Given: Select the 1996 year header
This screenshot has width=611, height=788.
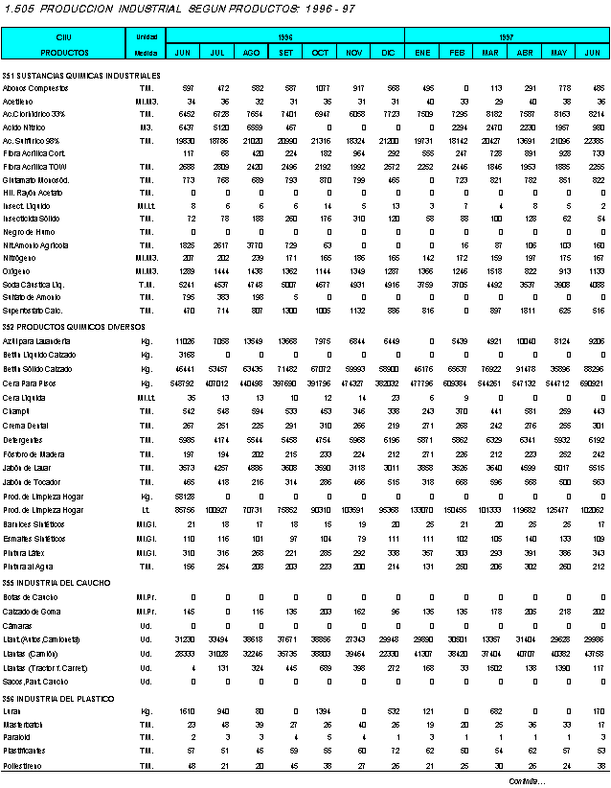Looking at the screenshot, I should coord(284,35).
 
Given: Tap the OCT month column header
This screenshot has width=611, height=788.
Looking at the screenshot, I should coord(320,51).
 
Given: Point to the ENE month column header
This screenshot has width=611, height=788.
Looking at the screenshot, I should coord(422,51).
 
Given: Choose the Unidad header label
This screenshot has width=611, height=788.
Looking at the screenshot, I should coord(147,35).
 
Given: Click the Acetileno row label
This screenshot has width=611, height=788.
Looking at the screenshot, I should coord(18,101).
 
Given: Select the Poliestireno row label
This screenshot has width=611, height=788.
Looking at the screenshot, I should coord(21,767).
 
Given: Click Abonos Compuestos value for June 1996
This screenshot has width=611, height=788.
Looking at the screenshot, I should coord(189,88).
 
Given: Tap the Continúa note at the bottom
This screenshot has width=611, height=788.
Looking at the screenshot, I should coord(527,781).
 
